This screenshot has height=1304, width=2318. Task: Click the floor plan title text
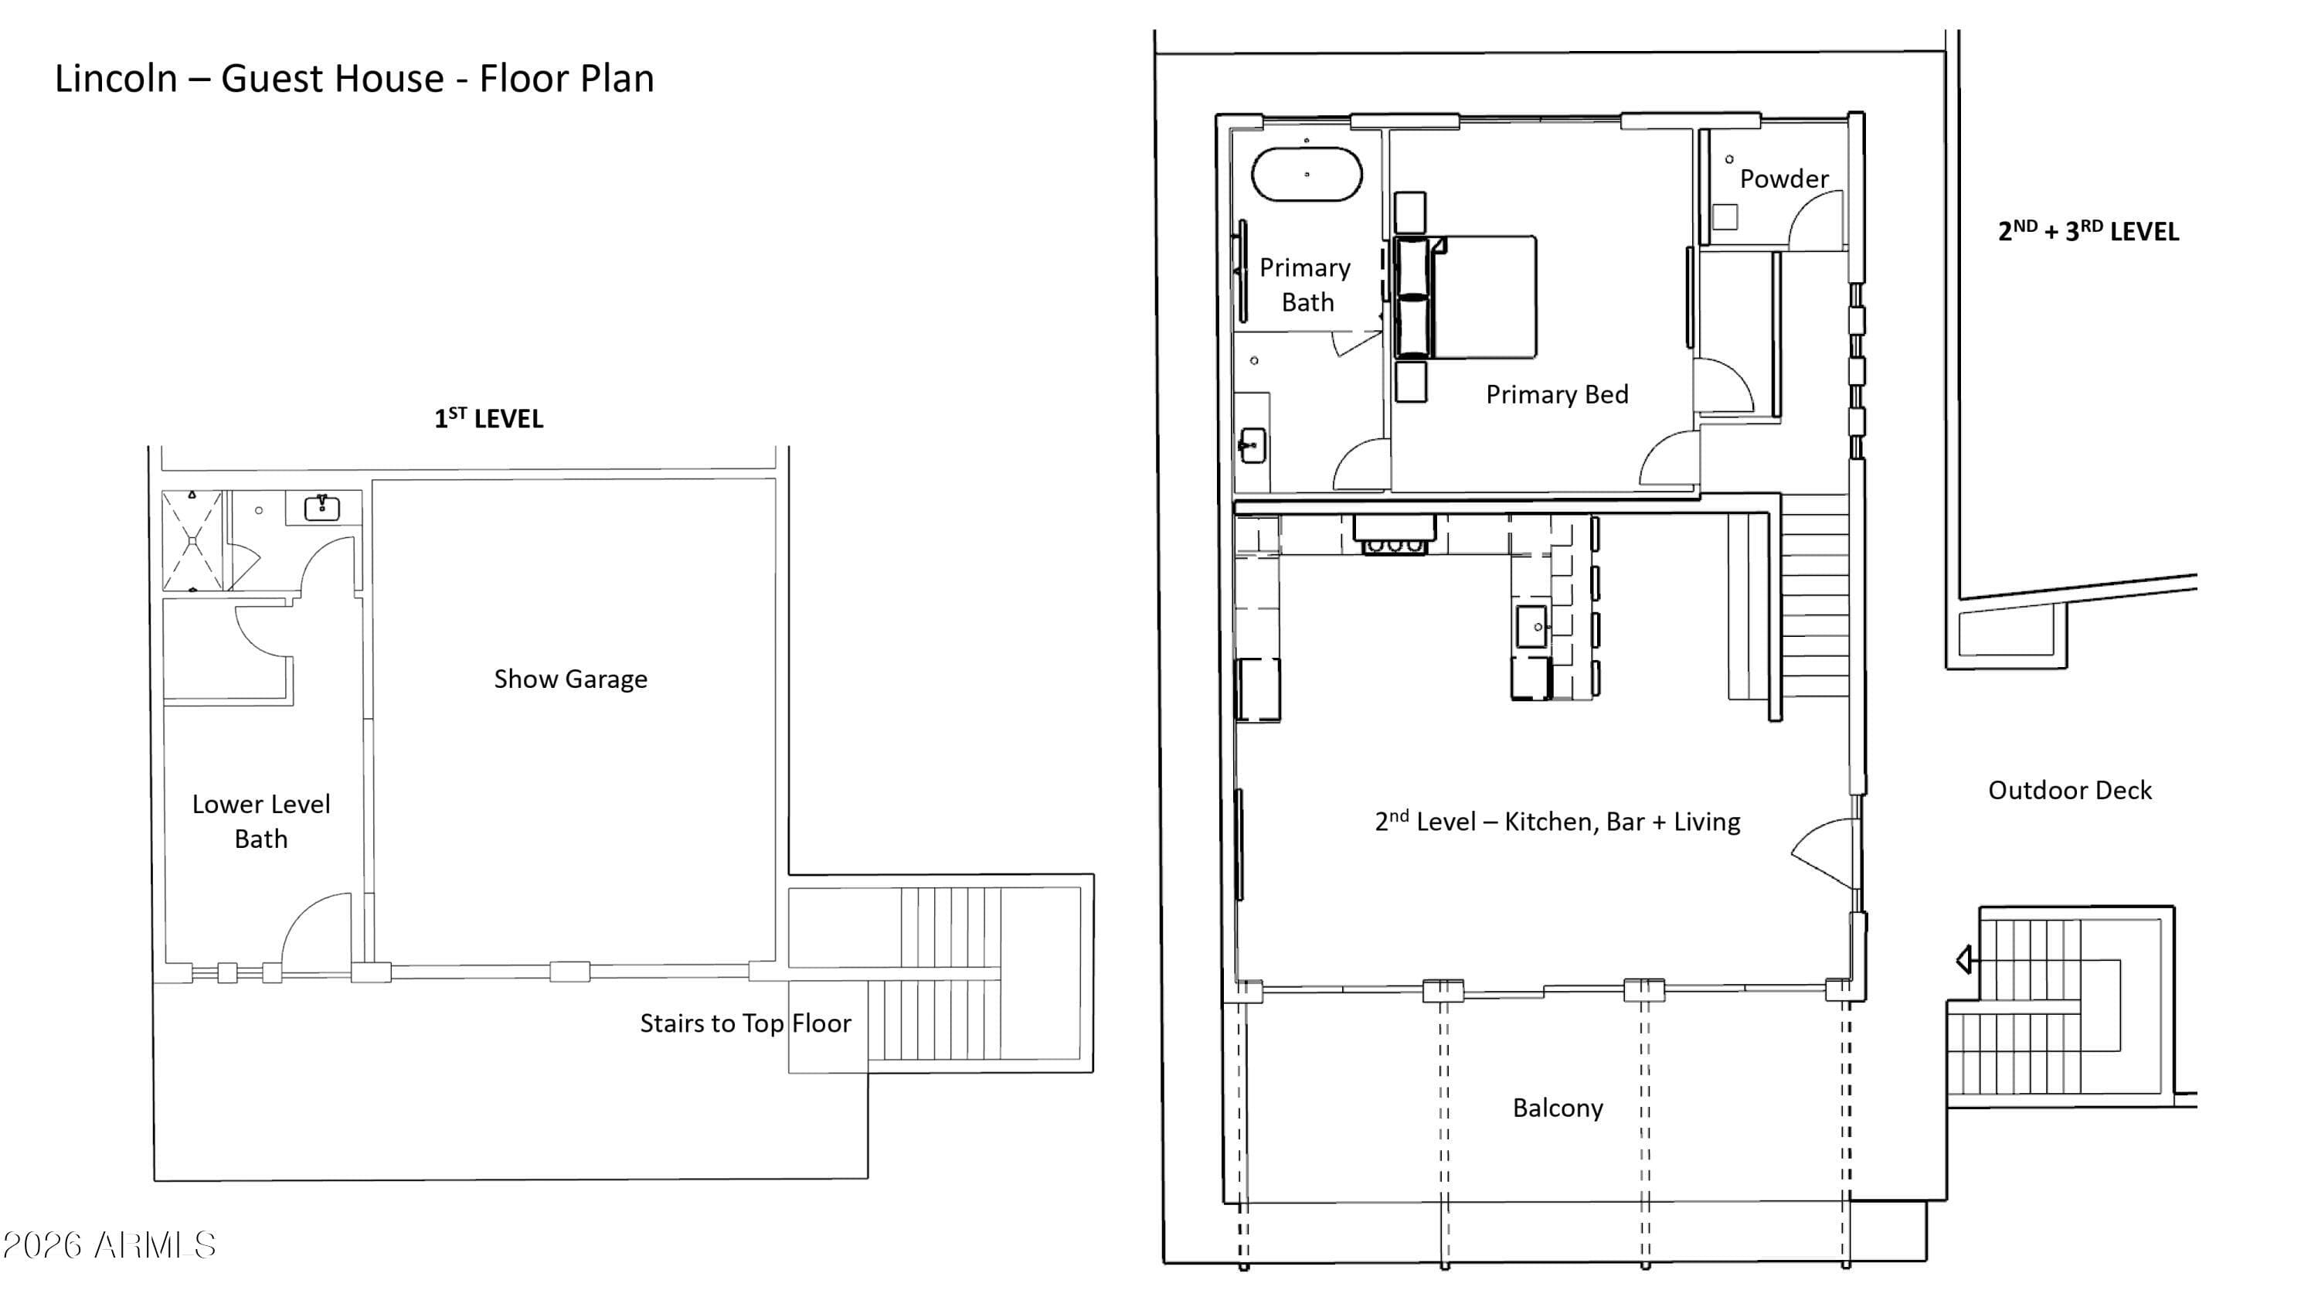point(354,78)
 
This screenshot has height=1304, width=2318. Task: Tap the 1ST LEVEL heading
point(488,418)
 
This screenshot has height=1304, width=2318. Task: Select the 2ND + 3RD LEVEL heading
point(2088,231)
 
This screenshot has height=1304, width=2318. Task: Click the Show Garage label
point(570,679)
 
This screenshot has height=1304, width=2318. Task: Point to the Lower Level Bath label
point(261,821)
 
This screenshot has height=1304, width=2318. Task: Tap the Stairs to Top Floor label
point(745,1023)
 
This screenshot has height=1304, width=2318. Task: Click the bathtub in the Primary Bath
point(1307,174)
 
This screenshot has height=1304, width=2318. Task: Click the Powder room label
point(1783,179)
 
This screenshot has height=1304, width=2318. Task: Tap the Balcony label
point(1558,1108)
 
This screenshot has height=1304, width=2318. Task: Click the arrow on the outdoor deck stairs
point(1964,959)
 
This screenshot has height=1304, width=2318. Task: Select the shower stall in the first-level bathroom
point(192,541)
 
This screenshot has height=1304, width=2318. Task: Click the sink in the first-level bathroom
point(321,509)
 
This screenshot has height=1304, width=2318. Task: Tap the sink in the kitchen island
point(1531,626)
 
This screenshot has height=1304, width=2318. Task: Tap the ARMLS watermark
point(109,1245)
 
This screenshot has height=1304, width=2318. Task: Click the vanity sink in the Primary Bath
point(1252,445)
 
